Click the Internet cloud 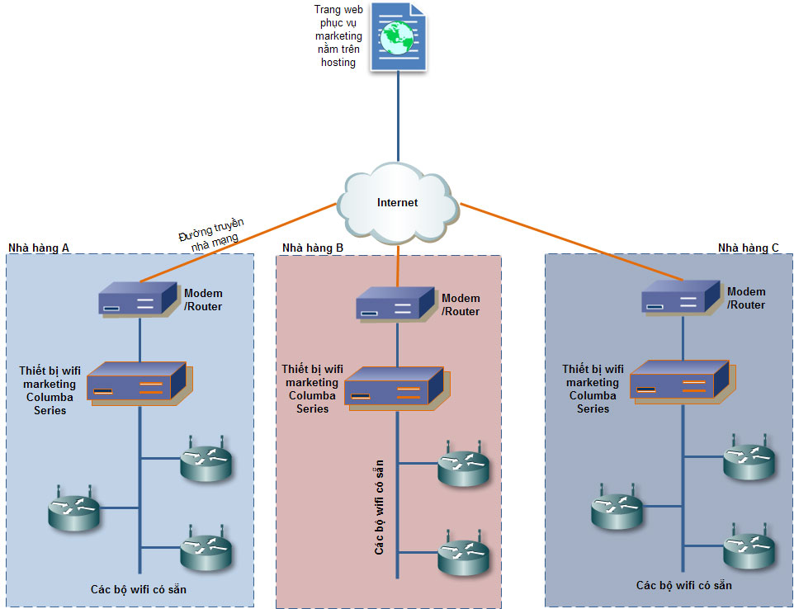point(397,202)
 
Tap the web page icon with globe point(398,38)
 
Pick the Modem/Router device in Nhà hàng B point(395,304)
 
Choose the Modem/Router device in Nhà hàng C point(683,297)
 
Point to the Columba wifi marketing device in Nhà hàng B point(397,387)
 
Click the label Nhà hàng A point(38,248)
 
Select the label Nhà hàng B point(313,248)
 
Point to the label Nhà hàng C point(748,248)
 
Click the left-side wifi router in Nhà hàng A point(73,510)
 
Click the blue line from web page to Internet point(398,116)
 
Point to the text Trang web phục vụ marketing point(338,35)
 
